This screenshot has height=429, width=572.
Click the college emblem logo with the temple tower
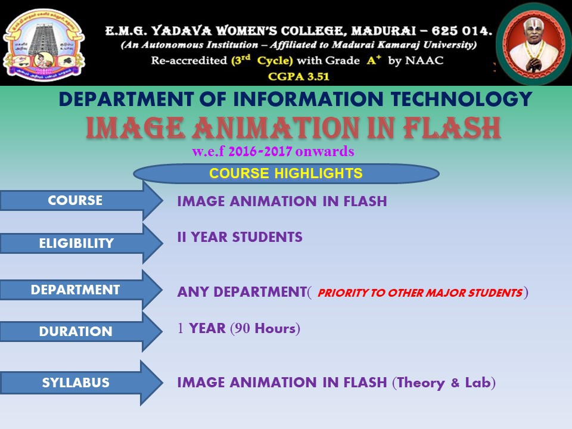pyautogui.click(x=43, y=45)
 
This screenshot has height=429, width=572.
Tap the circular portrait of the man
pyautogui.click(x=533, y=43)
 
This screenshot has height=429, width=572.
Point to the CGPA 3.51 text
pyautogui.click(x=299, y=76)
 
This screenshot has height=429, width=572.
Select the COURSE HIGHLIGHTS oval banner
pyautogui.click(x=286, y=173)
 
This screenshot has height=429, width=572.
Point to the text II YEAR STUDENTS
pyautogui.click(x=240, y=237)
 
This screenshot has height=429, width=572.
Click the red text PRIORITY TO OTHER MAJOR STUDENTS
pyautogui.click(x=420, y=293)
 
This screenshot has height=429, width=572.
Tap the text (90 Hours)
pyautogui.click(x=265, y=328)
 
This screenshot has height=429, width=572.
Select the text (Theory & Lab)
pyautogui.click(x=444, y=383)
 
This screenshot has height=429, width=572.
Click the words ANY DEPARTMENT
pyautogui.click(x=242, y=292)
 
